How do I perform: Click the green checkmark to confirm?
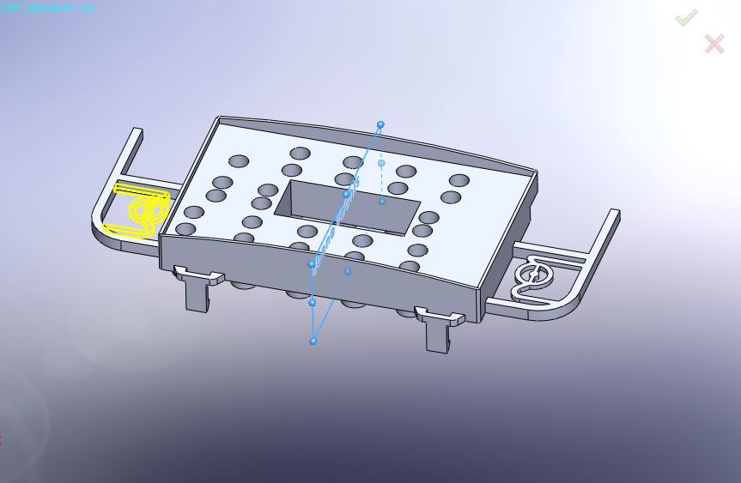click(685, 17)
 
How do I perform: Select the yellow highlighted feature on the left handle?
click(137, 208)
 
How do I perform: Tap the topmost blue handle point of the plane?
click(380, 124)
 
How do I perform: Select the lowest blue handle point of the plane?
click(313, 341)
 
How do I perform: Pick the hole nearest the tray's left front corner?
click(185, 229)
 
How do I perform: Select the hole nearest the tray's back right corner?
click(459, 181)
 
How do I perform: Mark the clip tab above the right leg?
click(439, 316)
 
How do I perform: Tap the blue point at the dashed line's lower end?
click(382, 202)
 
